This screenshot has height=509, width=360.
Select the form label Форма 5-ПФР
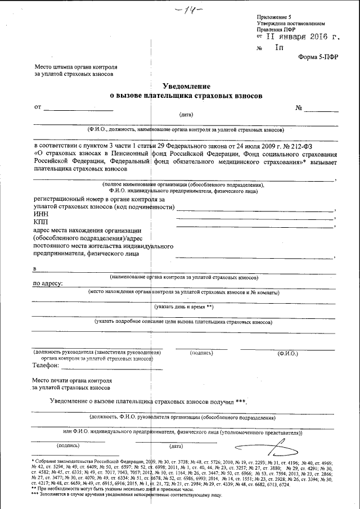click(318, 57)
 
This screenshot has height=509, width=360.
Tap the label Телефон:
click(47, 365)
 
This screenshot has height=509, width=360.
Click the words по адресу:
click(48, 283)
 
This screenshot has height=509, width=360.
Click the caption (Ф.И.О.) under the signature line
click(288, 353)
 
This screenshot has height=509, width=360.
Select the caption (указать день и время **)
click(184, 307)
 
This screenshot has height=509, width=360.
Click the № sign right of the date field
click(299, 106)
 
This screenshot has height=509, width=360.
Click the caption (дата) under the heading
click(186, 114)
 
